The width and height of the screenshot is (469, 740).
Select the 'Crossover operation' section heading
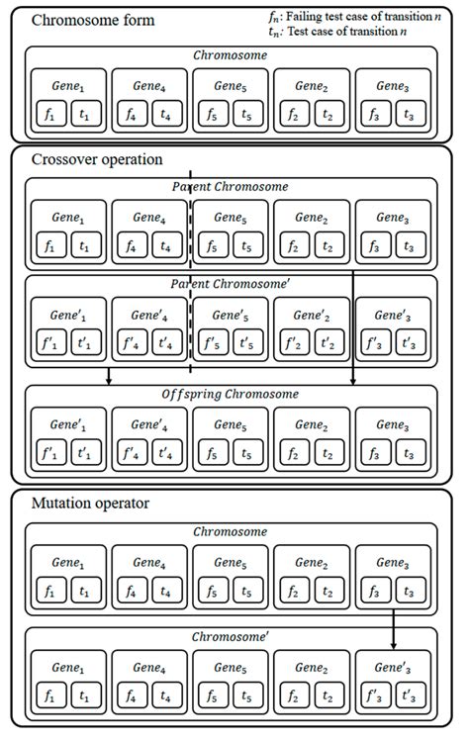pyautogui.click(x=96, y=159)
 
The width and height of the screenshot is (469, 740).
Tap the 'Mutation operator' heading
pyautogui.click(x=90, y=503)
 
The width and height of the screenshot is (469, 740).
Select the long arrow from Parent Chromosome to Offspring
pyautogui.click(x=353, y=297)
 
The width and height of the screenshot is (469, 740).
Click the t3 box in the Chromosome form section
pyautogui.click(x=407, y=115)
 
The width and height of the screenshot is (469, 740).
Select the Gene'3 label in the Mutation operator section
pyautogui.click(x=393, y=665)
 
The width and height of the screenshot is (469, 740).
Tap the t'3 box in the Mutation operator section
pyautogui.click(x=407, y=695)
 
